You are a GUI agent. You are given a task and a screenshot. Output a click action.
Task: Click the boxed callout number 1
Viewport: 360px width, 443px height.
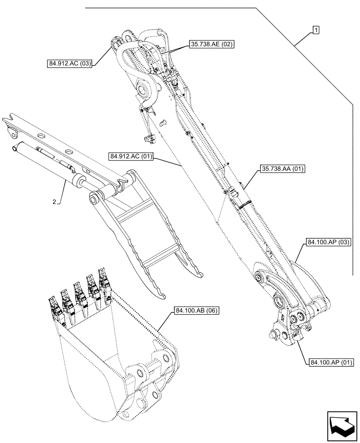[316, 30]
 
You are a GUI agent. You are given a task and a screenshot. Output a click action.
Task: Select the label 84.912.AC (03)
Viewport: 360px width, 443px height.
[70, 64]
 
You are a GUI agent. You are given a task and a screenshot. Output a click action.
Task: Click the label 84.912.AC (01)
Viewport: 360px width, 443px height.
[130, 157]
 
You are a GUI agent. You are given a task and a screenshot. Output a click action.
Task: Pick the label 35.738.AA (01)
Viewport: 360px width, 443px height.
[280, 168]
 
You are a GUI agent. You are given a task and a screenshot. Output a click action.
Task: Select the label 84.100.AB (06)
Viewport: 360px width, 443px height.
[196, 311]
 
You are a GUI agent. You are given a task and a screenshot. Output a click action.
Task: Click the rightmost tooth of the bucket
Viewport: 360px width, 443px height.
[104, 280]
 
